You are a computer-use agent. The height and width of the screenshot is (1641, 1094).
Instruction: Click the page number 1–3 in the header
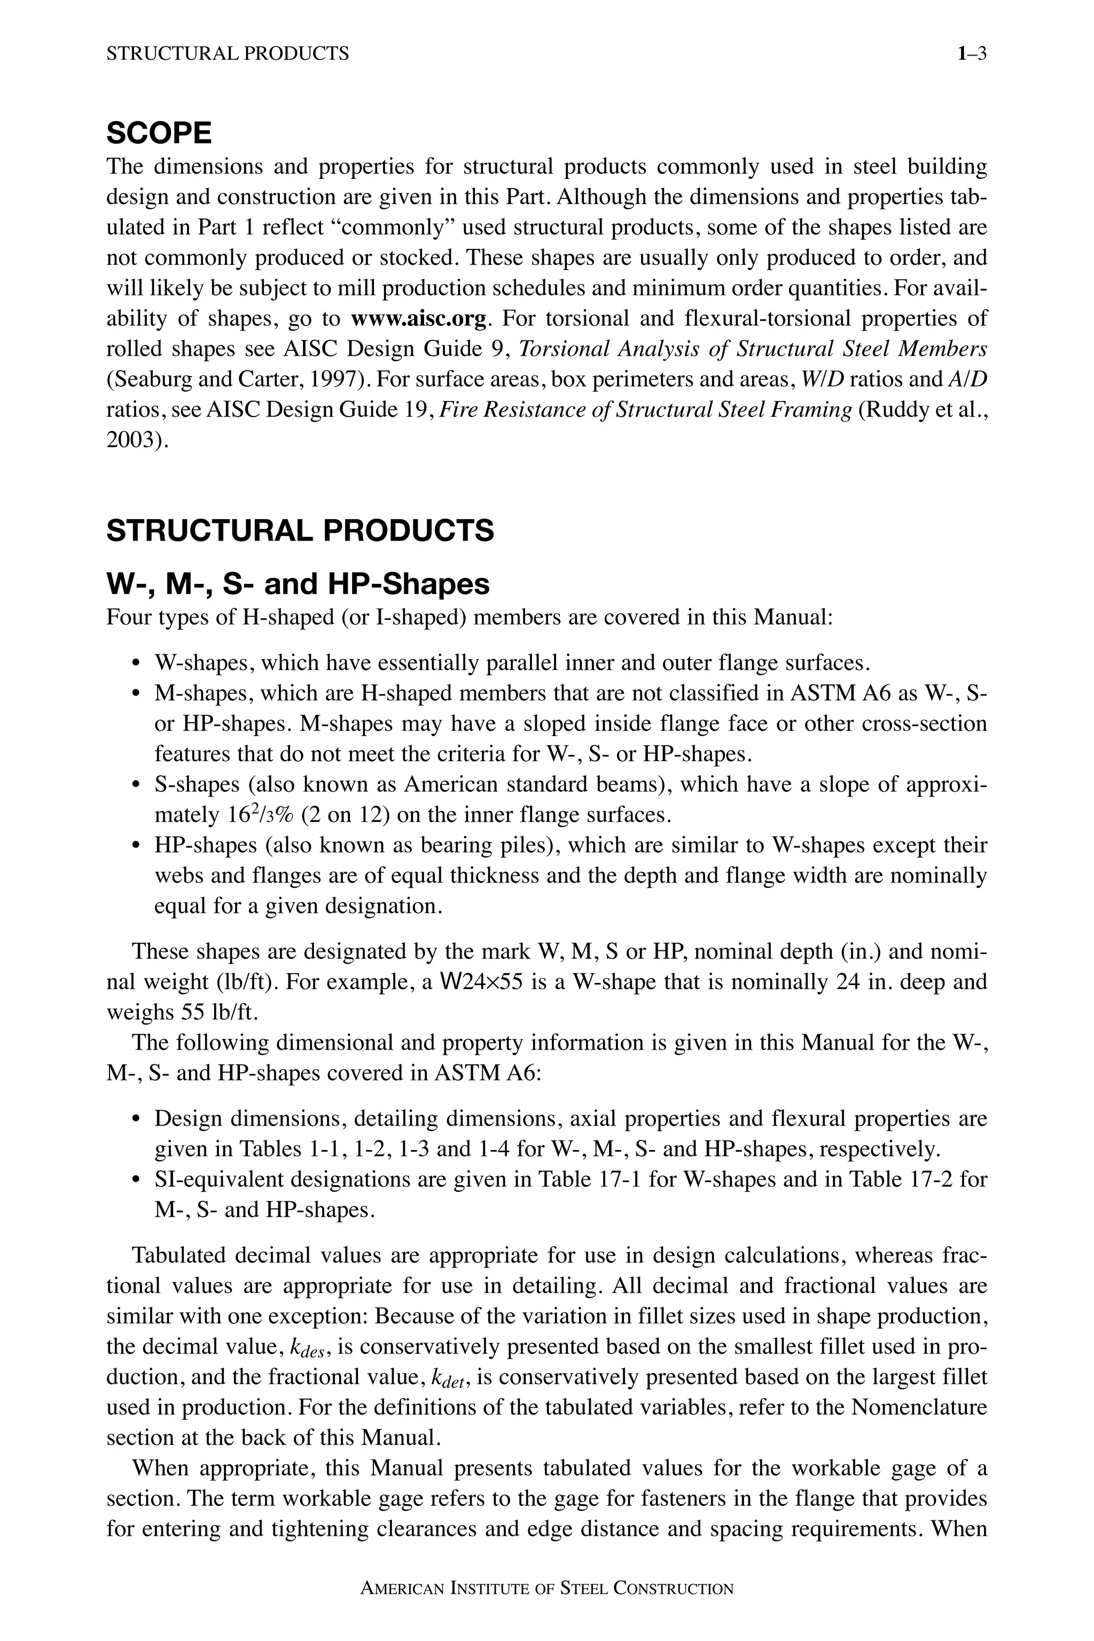point(972,54)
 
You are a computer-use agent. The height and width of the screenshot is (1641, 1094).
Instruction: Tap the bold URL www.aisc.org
point(418,319)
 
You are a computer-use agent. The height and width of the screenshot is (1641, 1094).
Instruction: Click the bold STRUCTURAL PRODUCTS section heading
point(300,530)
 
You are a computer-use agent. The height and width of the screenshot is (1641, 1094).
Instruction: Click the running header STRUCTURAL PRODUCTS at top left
point(228,54)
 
